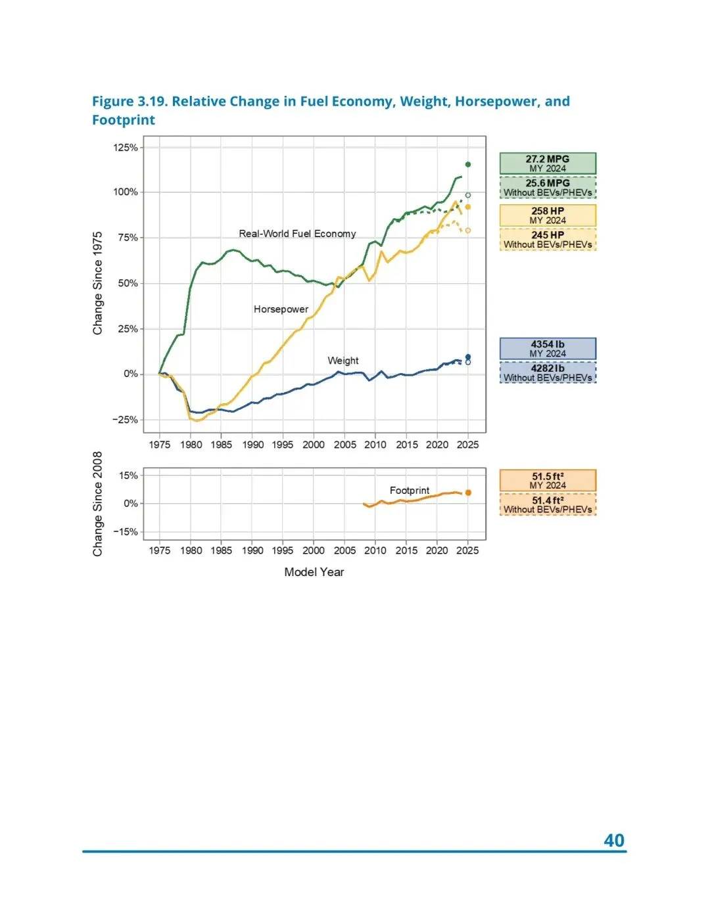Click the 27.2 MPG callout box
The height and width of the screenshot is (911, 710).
click(x=548, y=164)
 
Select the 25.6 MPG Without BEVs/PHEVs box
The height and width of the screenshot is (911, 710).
click(x=548, y=188)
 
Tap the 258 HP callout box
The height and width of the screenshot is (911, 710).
click(x=548, y=215)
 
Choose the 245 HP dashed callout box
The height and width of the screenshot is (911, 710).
click(x=548, y=240)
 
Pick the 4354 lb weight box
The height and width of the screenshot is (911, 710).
click(x=548, y=349)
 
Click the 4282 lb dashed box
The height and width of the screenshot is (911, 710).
click(x=548, y=373)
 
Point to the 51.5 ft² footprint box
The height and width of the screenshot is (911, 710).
click(x=548, y=481)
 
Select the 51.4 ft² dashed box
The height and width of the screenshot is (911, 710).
click(x=548, y=504)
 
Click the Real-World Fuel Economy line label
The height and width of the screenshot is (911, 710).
click(x=297, y=234)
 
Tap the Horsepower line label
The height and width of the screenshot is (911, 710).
click(x=281, y=309)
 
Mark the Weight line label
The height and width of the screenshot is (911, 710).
click(x=343, y=361)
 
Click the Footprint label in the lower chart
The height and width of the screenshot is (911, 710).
click(x=409, y=491)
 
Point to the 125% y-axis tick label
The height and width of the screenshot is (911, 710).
click(x=126, y=147)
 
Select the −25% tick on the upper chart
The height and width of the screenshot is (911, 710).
click(x=125, y=420)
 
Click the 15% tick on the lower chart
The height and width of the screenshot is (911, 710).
click(x=128, y=476)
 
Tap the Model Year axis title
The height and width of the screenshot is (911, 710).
click(x=314, y=572)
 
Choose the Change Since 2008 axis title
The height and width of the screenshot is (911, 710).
click(x=98, y=504)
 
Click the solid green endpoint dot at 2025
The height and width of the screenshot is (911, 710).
click(x=468, y=164)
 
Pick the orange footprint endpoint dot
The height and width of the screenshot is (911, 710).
click(x=468, y=493)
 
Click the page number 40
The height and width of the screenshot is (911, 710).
click(x=613, y=841)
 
